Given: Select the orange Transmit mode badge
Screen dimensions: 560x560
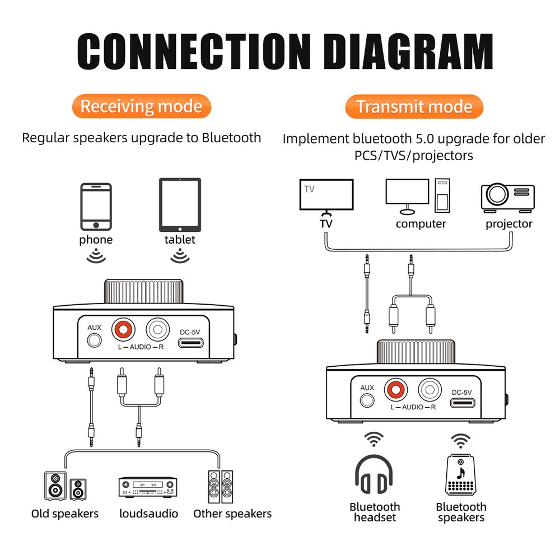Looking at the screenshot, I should coord(414,106).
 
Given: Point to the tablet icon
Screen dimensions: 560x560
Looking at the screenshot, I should coord(180,205).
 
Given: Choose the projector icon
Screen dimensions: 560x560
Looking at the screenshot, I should coord(508,197).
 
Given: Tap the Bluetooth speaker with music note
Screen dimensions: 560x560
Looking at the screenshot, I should coord(461,475).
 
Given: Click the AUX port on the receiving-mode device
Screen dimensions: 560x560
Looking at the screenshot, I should coord(95,340).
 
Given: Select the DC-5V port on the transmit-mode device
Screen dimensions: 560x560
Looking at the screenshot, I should coord(463,403).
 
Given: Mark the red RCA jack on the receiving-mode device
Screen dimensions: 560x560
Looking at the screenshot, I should coord(124,330).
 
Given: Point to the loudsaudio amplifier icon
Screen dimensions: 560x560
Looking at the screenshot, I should coord(147,487).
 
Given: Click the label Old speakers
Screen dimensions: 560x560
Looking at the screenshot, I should coord(65,514).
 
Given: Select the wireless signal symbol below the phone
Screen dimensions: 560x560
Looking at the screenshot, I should coord(96,256).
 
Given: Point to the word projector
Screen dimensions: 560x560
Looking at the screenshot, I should coord(508,224).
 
